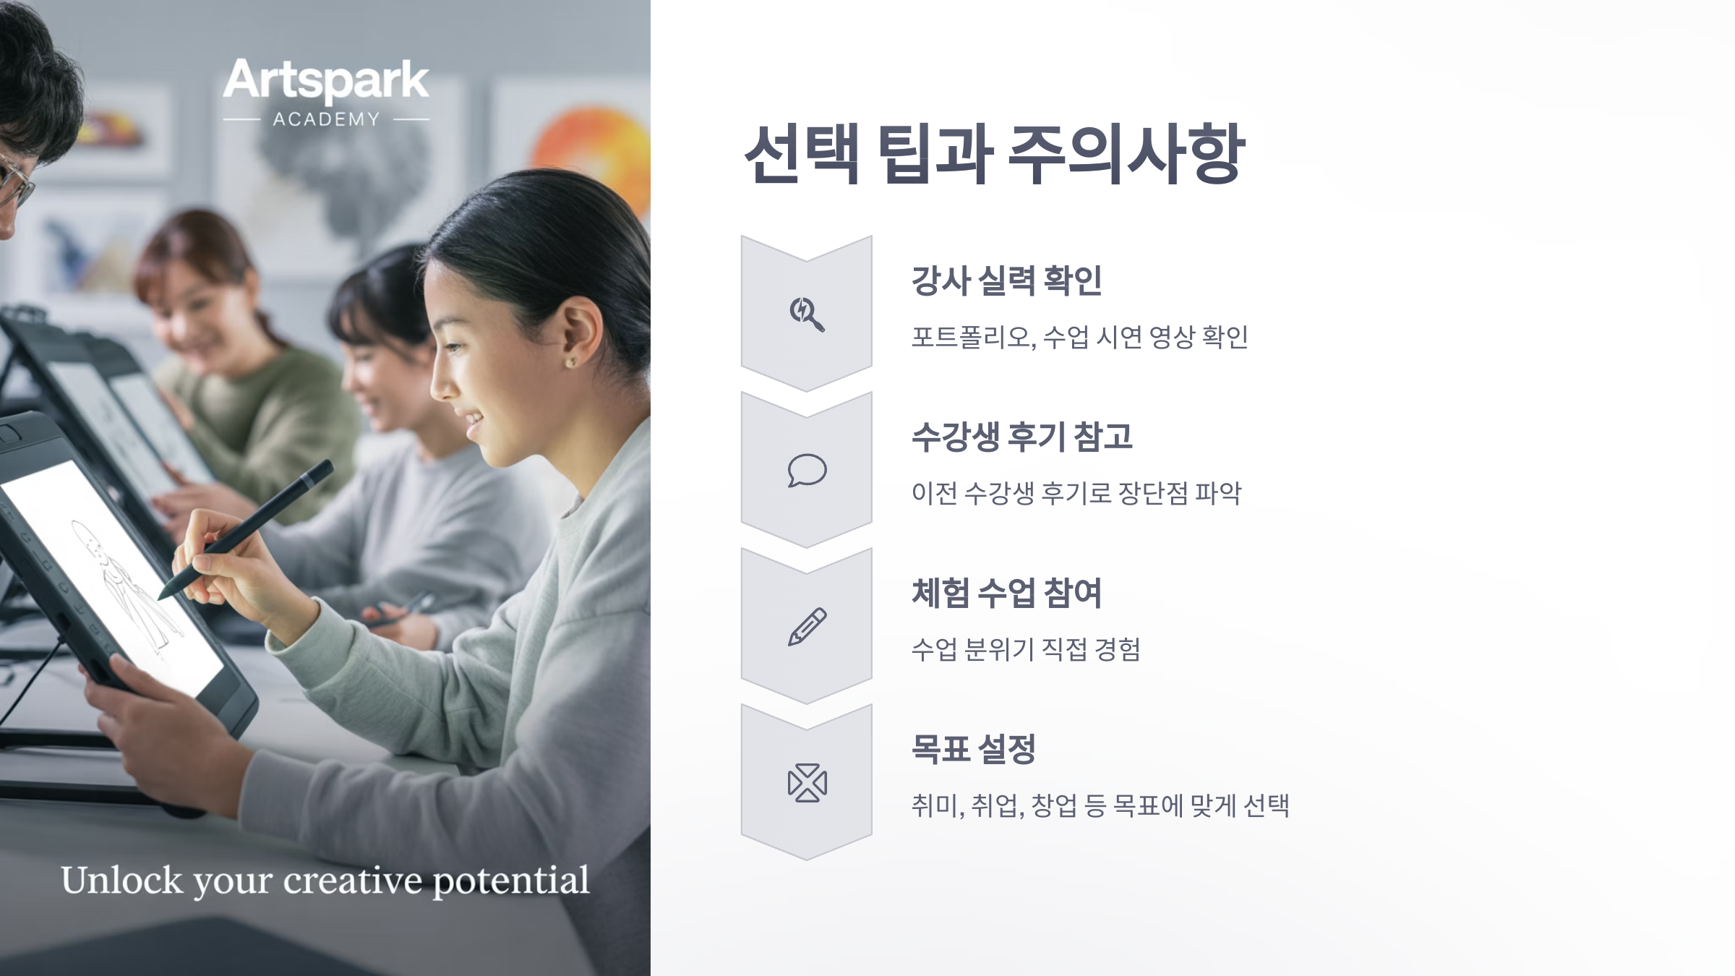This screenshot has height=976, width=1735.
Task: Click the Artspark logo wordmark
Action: click(x=326, y=81)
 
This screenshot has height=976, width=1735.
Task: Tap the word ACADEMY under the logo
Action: click(x=326, y=119)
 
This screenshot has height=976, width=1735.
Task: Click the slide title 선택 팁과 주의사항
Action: click(x=995, y=154)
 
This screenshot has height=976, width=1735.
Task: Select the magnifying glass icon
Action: click(x=807, y=314)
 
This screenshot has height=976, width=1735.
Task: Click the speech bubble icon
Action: click(x=807, y=471)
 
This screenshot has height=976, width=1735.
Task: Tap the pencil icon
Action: click(x=807, y=627)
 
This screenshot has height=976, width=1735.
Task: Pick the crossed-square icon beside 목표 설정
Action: click(x=807, y=783)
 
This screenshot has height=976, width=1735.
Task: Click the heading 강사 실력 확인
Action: click(x=1006, y=281)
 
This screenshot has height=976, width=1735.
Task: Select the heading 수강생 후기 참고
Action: click(x=1021, y=437)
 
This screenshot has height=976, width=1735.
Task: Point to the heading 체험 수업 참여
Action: click(x=1006, y=593)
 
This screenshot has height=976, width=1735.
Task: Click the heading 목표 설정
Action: click(x=974, y=749)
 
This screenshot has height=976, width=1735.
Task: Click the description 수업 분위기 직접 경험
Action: click(x=1025, y=650)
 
